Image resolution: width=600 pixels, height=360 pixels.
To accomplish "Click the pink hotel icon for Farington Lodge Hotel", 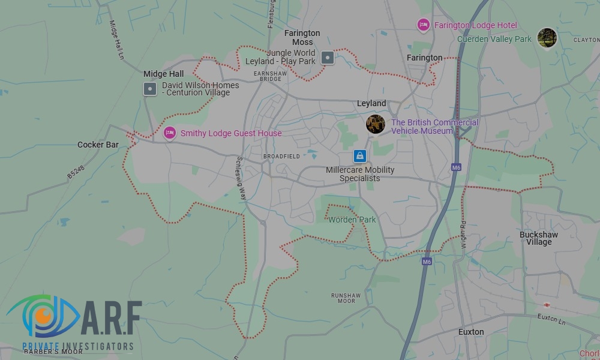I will click(423, 25).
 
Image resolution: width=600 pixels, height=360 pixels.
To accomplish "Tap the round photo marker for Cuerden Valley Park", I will click(547, 38).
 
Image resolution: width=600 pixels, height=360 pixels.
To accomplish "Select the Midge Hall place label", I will click(163, 74).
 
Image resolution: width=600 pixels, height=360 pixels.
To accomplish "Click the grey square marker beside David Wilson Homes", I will click(150, 89).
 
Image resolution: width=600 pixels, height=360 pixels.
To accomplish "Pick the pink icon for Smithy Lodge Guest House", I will click(170, 133).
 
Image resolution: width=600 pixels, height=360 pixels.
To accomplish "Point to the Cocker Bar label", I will click(98, 145).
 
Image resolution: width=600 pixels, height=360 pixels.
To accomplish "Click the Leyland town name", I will click(371, 103).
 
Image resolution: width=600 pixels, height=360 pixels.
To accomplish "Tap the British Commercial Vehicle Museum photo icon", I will click(376, 124).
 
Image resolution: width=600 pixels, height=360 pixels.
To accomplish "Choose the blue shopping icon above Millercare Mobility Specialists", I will click(359, 156).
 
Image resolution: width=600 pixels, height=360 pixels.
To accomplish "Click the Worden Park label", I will click(352, 220).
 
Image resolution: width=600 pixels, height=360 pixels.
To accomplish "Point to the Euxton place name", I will click(471, 332).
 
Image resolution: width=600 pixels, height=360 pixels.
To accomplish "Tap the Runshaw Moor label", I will click(346, 298).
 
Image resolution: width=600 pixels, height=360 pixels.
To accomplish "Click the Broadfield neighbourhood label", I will click(281, 156).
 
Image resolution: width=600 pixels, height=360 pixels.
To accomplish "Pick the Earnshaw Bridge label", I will click(268, 76).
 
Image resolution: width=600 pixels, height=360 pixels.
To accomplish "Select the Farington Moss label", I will click(302, 38).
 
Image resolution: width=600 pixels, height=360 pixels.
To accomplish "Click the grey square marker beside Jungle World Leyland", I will click(328, 58).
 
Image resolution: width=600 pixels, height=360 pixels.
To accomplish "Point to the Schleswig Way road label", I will click(241, 178).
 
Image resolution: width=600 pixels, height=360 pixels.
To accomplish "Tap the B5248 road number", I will click(76, 172).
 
